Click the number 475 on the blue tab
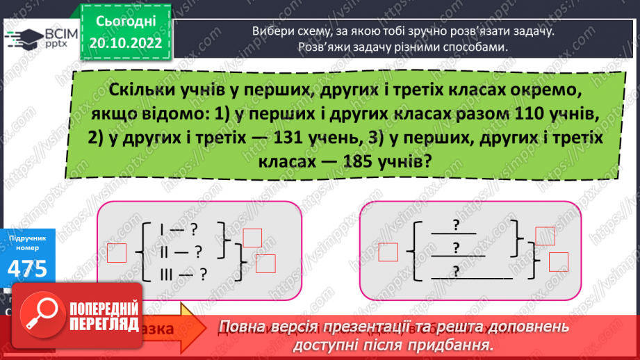(x=28, y=268)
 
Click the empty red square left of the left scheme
(x=117, y=253)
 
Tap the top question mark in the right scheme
(x=457, y=224)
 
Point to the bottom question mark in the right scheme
(x=457, y=270)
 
